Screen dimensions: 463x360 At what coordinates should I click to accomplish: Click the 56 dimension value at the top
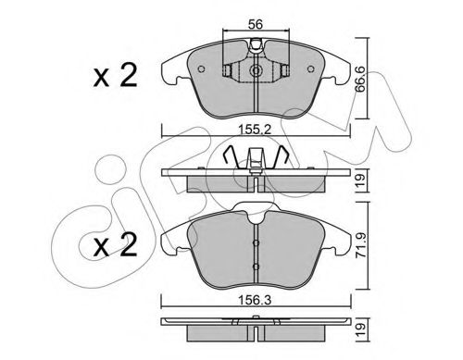256,24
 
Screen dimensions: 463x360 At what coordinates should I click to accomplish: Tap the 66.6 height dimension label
360,80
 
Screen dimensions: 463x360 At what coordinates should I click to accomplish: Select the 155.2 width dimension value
256,130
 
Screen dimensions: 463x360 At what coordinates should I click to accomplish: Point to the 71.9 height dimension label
360,245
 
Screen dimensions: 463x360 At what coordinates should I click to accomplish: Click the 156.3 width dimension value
256,300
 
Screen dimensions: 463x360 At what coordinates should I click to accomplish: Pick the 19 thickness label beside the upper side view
360,180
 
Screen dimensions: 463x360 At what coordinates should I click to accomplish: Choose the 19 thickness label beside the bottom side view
360,329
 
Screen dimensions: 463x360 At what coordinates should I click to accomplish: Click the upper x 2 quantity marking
115,76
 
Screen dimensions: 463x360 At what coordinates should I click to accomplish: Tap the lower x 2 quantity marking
115,245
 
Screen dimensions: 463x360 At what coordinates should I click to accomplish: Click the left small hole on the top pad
201,69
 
